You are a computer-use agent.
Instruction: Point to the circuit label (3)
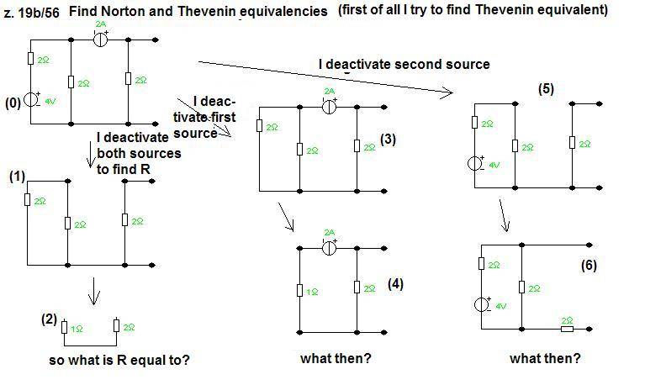pos(388,139)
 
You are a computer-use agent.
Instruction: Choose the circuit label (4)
pos(395,283)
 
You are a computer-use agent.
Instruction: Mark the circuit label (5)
pos(546,89)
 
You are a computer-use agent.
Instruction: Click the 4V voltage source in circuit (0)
pos(31,99)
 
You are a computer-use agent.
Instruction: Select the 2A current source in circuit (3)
pos(329,106)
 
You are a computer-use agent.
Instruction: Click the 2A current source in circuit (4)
pos(329,248)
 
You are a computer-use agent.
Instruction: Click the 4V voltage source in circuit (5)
pos(476,163)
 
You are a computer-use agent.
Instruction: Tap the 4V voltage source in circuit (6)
pos(480,304)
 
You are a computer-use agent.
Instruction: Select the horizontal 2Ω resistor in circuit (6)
pos(567,329)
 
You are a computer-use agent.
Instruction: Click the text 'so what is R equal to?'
pos(119,361)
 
